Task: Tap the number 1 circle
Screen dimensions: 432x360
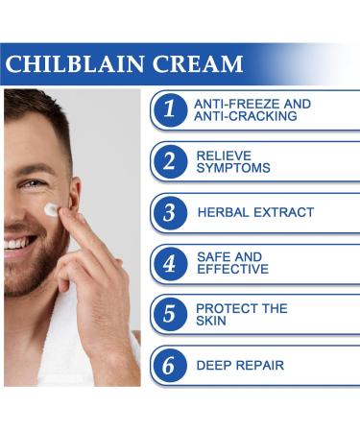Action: [169, 109]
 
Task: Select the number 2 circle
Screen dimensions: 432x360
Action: [169, 160]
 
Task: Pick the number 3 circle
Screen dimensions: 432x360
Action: [169, 212]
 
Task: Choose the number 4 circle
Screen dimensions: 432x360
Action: [169, 263]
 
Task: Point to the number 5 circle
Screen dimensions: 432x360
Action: [169, 314]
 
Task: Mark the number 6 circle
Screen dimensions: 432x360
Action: [169, 365]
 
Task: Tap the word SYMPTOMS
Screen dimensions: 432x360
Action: [232, 168]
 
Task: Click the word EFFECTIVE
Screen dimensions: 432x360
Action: [233, 270]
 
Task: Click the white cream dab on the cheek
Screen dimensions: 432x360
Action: [51, 209]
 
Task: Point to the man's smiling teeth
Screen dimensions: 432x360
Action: [13, 244]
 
